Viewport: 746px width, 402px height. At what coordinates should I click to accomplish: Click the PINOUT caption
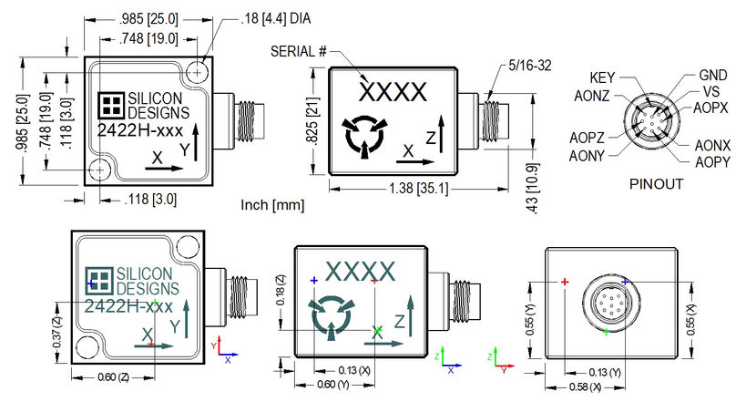point(657,183)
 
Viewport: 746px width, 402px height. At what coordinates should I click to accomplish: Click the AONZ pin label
point(594,93)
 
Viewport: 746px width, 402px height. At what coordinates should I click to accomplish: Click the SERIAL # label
point(299,51)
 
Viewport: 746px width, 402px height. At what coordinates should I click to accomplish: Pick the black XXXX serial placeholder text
point(393,91)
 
